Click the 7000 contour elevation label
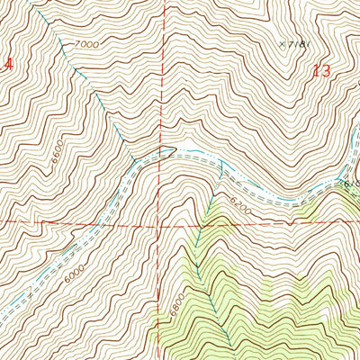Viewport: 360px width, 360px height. pyautogui.click(x=86, y=44)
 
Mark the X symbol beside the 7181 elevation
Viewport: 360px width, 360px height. pyautogui.click(x=282, y=41)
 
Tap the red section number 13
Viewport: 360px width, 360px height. pyautogui.click(x=322, y=72)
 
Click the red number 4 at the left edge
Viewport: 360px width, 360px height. pyautogui.click(x=8, y=65)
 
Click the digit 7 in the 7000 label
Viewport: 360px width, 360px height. pyautogui.click(x=77, y=42)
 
